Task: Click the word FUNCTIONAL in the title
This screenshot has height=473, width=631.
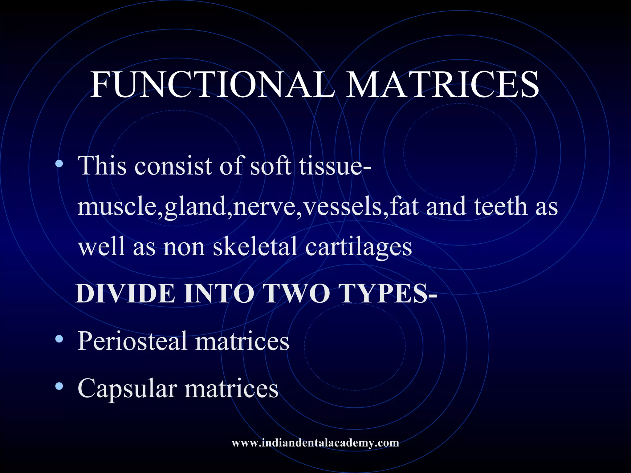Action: coord(213,85)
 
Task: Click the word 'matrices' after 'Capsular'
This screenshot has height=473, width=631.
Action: coord(231,389)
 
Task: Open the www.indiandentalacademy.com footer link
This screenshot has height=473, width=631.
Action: coord(315,443)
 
